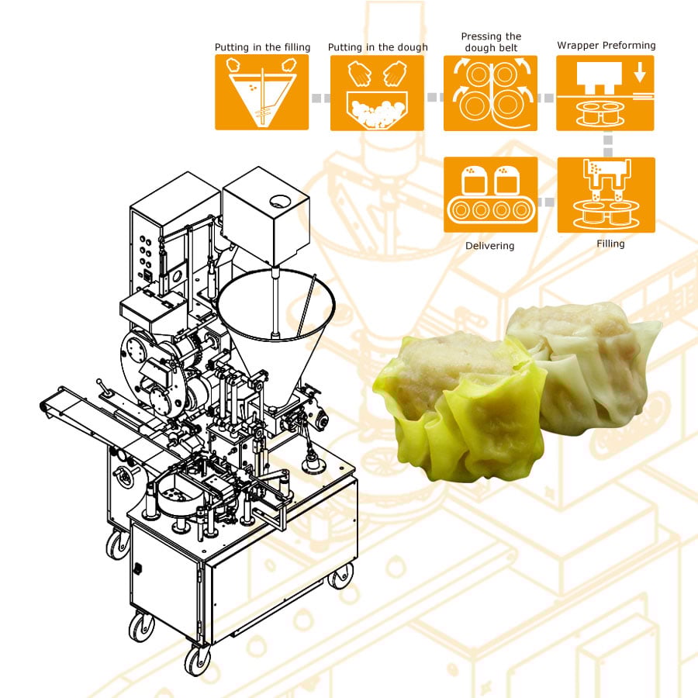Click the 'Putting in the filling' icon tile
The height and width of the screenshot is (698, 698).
tap(262, 92)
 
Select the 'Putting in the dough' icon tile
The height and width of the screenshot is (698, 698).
tap(377, 92)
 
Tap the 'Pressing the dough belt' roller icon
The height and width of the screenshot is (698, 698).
tap(491, 93)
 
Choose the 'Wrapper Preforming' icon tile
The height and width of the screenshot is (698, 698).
tap(605, 93)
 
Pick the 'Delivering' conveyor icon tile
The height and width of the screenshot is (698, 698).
tap(491, 195)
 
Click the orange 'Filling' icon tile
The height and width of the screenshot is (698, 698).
tap(606, 195)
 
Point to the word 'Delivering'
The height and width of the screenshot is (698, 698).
tap(489, 246)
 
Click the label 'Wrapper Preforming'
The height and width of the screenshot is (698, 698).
tap(606, 46)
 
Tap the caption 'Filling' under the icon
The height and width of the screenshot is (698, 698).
tap(610, 244)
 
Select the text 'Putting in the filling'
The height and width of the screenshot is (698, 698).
tap(262, 47)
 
